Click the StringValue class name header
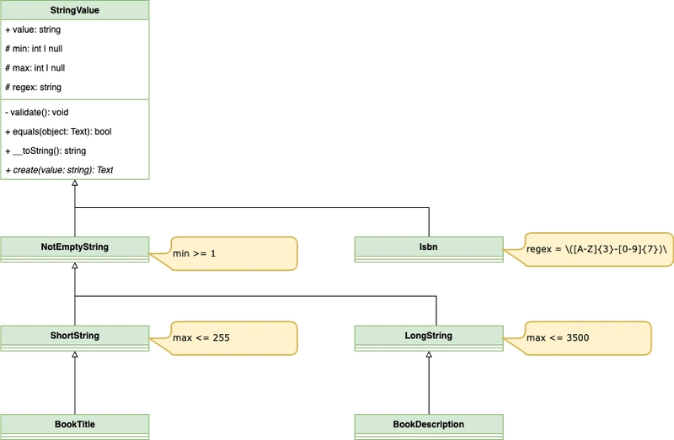click(x=75, y=11)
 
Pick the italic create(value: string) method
click(x=59, y=170)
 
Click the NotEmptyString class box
click(x=75, y=248)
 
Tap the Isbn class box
click(x=428, y=248)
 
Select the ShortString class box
click(x=75, y=337)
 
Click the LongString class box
click(x=428, y=337)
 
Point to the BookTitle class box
click(x=75, y=425)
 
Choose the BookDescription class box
click(x=428, y=425)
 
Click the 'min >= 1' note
click(x=226, y=253)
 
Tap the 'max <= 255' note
click(x=226, y=337)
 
